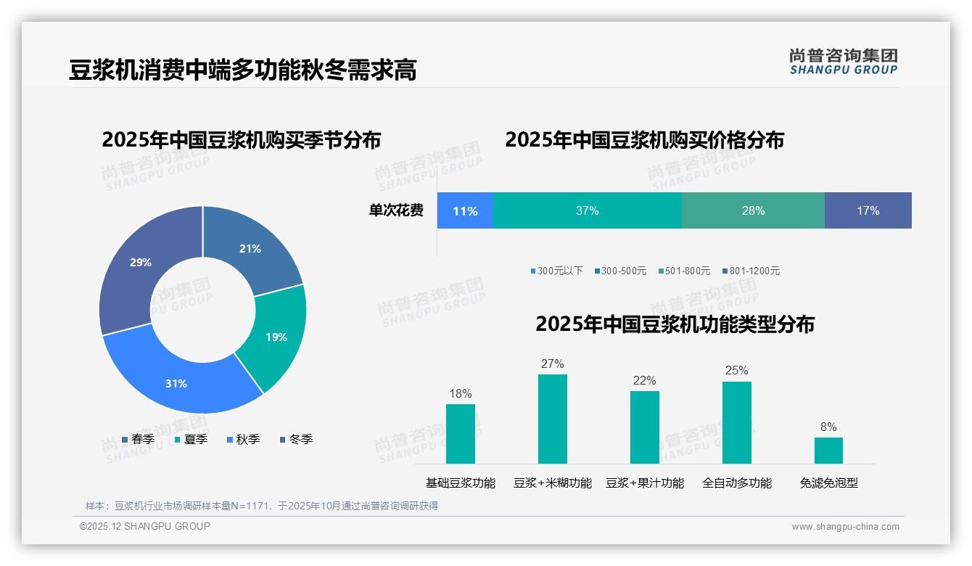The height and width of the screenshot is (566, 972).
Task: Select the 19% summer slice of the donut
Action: pyautogui.click(x=276, y=337)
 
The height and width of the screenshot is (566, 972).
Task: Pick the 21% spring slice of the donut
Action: pyautogui.click(x=250, y=248)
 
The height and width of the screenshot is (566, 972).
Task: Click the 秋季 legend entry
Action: pyautogui.click(x=243, y=440)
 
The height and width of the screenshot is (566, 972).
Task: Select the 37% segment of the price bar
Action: pyautogui.click(x=587, y=210)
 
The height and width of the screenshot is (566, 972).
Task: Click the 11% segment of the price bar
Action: pyautogui.click(x=465, y=210)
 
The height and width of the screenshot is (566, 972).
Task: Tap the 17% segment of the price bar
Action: pyautogui.click(x=868, y=210)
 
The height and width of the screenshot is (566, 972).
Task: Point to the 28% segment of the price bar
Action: pyautogui.click(x=753, y=210)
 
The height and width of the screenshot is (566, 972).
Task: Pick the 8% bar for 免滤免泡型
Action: pyautogui.click(x=828, y=450)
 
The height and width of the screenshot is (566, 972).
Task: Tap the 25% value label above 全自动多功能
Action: pyautogui.click(x=736, y=371)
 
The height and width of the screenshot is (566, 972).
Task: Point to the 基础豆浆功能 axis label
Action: pyautogui.click(x=460, y=483)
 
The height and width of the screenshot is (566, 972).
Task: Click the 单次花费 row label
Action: pyautogui.click(x=396, y=210)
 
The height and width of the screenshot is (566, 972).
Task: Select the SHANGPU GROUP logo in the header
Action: pyautogui.click(x=844, y=62)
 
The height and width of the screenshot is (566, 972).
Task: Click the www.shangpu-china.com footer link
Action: pyautogui.click(x=845, y=527)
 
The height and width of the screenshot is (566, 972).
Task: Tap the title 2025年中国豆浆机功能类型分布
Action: pyautogui.click(x=675, y=324)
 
